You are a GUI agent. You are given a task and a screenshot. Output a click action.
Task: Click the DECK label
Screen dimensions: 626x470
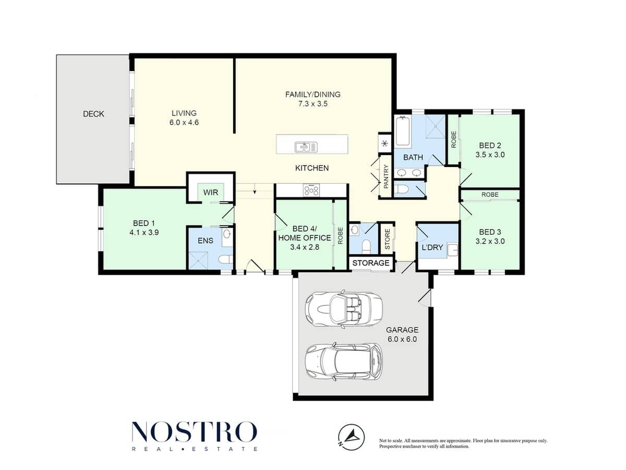[x=93, y=114]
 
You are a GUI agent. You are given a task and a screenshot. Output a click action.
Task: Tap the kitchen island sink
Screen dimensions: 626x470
[x=306, y=147]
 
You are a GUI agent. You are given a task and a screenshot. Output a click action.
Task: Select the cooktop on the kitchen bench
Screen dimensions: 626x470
[x=311, y=190]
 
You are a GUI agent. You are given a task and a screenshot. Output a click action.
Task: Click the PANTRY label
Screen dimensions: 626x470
[x=386, y=177]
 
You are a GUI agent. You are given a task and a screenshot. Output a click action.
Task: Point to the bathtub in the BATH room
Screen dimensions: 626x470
[x=403, y=131]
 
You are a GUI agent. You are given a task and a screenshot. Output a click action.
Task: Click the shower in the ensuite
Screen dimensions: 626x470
[x=198, y=260]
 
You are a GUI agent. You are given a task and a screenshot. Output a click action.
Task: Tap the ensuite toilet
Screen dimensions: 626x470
[x=225, y=260]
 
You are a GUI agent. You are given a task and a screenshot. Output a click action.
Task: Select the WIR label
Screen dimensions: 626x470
[x=210, y=192]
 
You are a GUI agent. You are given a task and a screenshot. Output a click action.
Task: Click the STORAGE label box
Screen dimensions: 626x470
[x=371, y=263]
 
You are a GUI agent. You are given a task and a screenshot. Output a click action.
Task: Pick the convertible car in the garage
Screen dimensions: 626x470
[x=343, y=309]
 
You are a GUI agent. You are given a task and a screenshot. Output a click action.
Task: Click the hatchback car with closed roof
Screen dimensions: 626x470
[x=343, y=361]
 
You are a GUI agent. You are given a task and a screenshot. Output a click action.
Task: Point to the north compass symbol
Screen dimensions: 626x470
[x=351, y=437]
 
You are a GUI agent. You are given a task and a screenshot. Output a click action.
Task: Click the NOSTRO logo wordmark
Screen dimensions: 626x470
[x=194, y=432]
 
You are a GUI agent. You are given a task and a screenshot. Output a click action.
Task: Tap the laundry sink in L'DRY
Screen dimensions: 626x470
[x=452, y=250]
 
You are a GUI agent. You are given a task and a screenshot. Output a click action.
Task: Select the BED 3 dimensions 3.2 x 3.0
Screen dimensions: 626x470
[x=490, y=241]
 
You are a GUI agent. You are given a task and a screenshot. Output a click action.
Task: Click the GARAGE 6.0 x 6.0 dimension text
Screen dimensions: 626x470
[x=402, y=339]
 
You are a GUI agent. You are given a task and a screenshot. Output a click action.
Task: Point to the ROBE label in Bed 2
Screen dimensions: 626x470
[x=453, y=139]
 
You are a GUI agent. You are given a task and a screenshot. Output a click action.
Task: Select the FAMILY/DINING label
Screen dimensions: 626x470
[x=313, y=95]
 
